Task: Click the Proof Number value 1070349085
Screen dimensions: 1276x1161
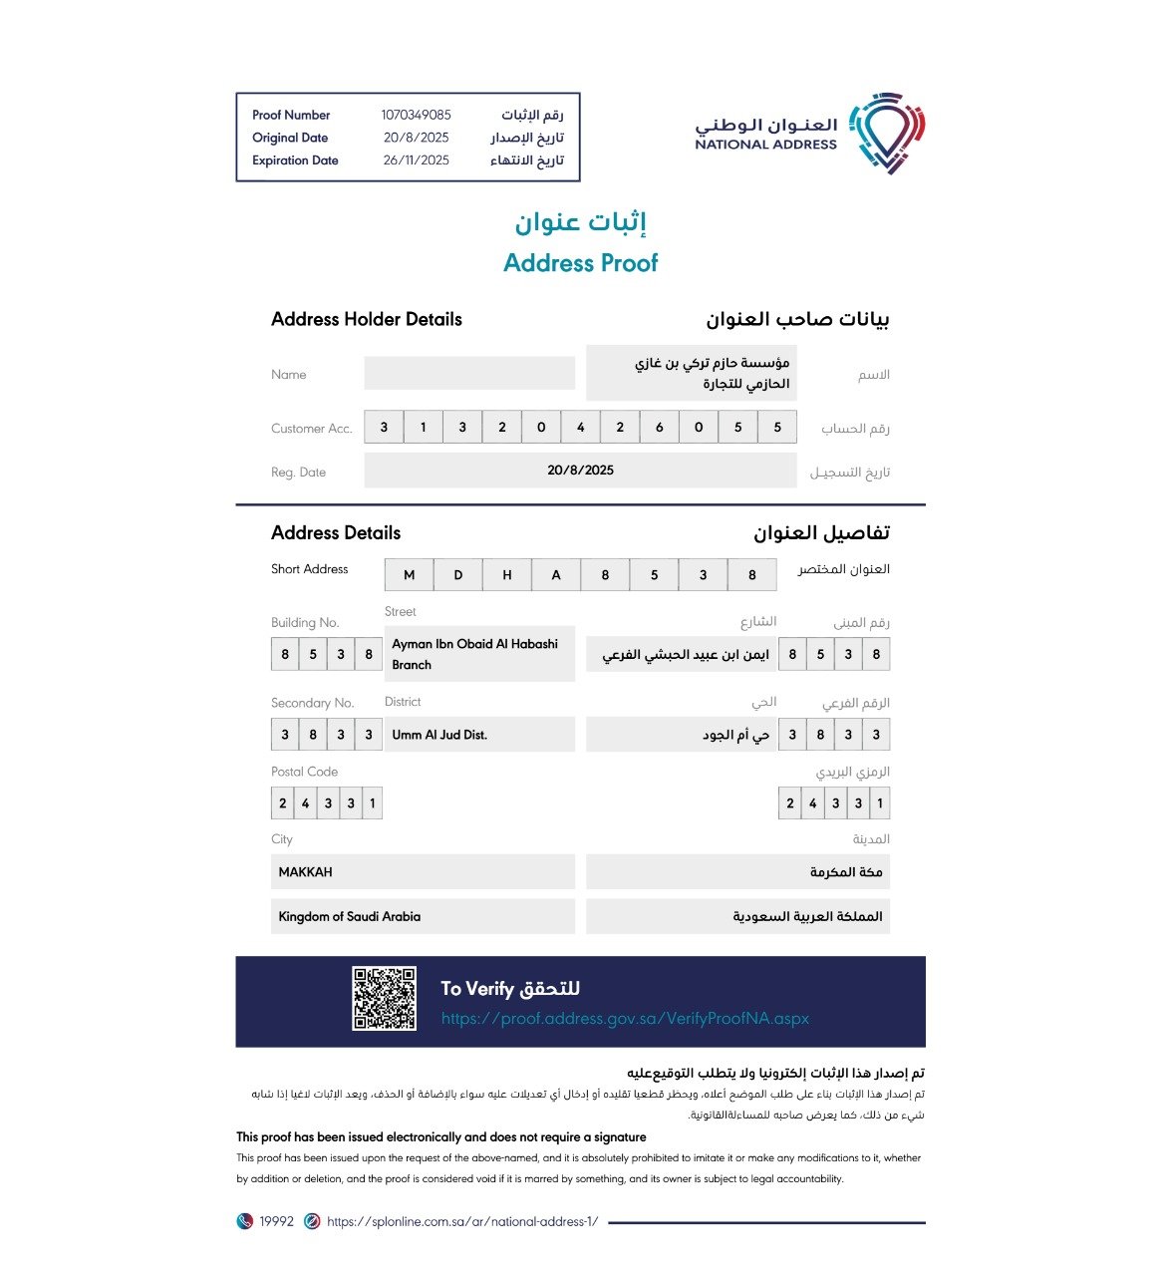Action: (x=416, y=116)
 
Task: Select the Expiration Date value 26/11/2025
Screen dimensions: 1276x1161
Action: (x=416, y=160)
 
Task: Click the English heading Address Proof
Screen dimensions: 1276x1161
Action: (x=580, y=263)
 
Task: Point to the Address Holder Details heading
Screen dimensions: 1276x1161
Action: (x=366, y=320)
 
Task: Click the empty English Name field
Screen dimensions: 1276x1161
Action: (x=469, y=374)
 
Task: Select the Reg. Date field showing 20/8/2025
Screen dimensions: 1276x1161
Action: (x=580, y=471)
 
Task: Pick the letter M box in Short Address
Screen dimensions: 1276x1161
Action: (x=409, y=575)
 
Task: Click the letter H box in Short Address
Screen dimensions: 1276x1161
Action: (x=506, y=575)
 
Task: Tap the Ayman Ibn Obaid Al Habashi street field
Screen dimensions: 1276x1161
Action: (x=479, y=654)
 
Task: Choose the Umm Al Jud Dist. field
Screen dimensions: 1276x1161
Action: (x=479, y=735)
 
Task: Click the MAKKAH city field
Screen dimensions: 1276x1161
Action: (x=423, y=872)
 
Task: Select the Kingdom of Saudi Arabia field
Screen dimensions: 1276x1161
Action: (x=423, y=917)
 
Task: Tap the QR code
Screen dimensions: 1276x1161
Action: (x=384, y=998)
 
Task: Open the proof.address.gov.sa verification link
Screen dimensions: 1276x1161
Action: (x=625, y=1019)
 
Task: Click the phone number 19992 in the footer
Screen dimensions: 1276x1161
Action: (x=276, y=1222)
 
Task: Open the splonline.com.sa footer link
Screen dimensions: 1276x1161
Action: (x=461, y=1222)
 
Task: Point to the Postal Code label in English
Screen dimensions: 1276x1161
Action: (x=304, y=773)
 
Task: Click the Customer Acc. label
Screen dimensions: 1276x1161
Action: (x=312, y=429)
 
